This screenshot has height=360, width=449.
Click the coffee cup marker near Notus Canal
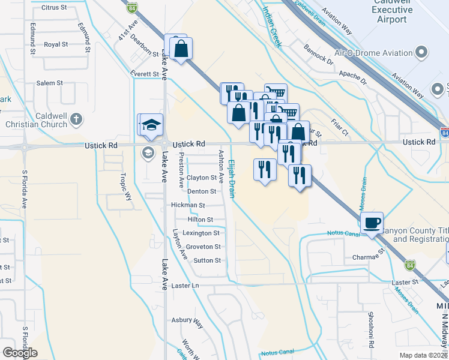tap(372, 223)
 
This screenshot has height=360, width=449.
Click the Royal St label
tap(56, 44)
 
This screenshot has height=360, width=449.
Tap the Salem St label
tap(50, 83)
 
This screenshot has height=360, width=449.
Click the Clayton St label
tap(201, 178)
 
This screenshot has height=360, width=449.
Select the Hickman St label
tap(188, 205)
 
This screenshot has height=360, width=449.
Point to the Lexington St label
tap(201, 233)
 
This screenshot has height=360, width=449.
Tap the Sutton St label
tap(207, 260)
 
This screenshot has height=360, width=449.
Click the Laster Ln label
tap(186, 286)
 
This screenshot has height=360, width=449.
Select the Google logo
tap(20, 353)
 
